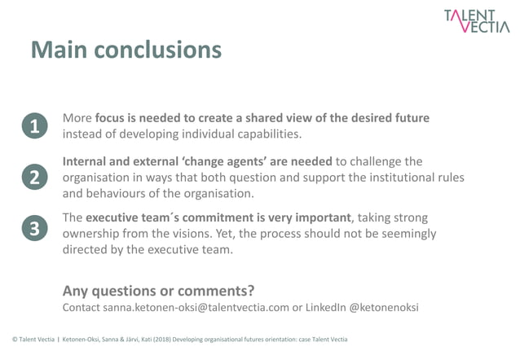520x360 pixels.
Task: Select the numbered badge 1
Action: (x=34, y=126)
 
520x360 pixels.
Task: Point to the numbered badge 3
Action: (x=34, y=230)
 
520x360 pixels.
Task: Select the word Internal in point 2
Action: (x=89, y=161)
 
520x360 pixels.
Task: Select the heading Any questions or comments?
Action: (x=158, y=290)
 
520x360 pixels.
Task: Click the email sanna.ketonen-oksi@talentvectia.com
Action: (x=196, y=308)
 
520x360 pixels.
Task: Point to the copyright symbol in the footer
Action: (x=15, y=339)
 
